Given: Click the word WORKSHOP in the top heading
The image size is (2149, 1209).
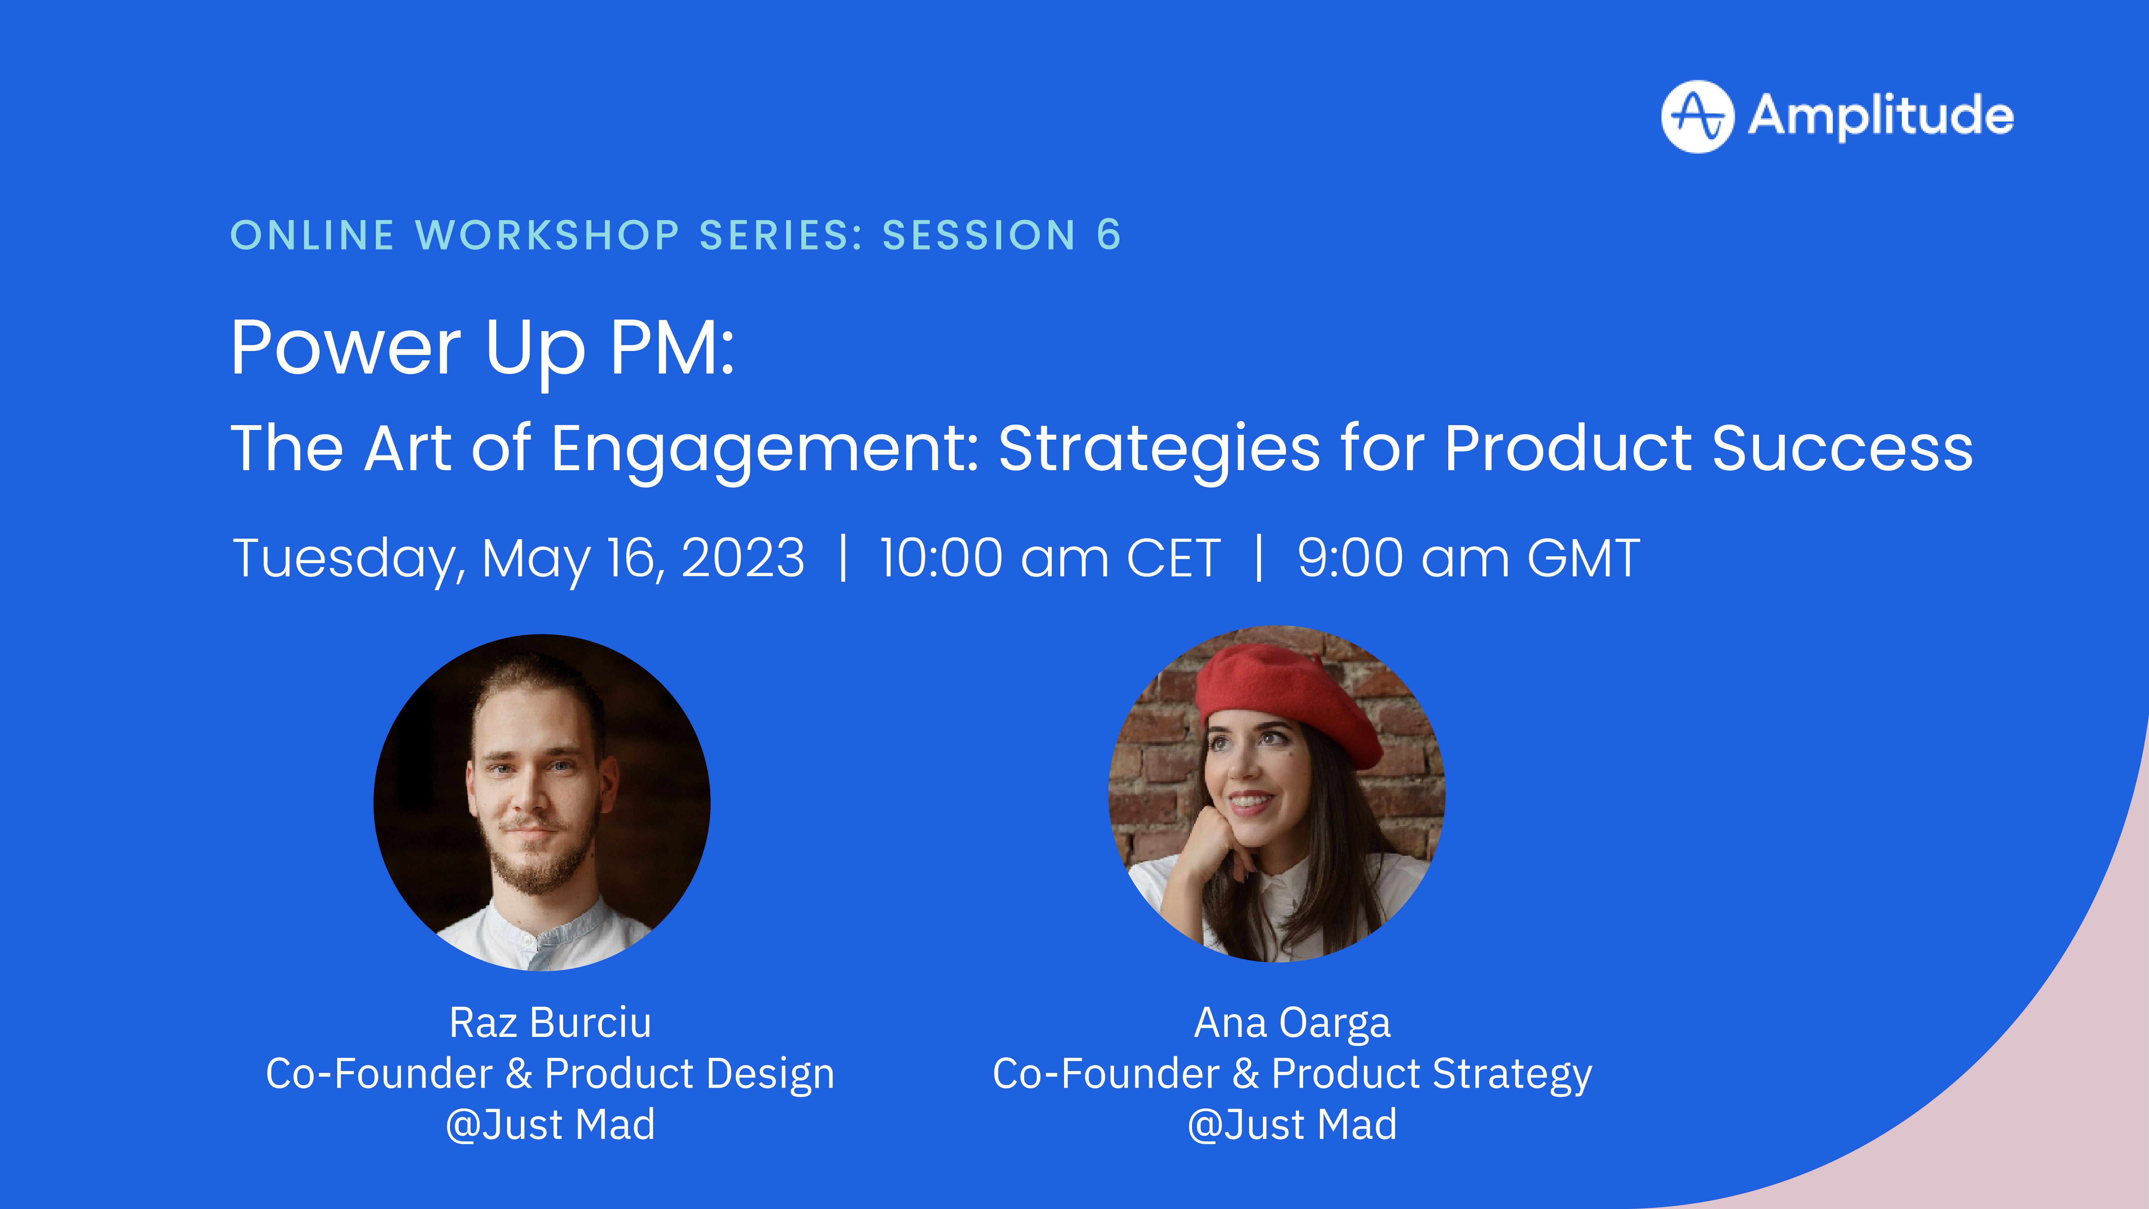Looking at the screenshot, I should coord(547,235).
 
